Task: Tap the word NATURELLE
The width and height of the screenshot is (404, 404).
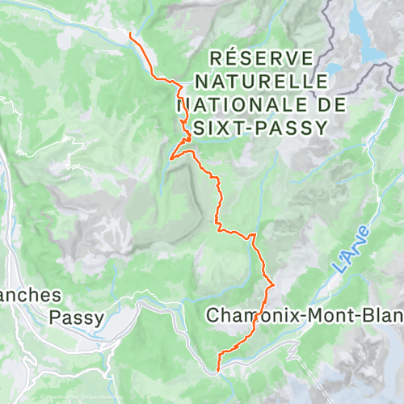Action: pos(260,81)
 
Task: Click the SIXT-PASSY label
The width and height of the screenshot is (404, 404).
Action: pos(260,128)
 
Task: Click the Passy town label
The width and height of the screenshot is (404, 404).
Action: pos(77,318)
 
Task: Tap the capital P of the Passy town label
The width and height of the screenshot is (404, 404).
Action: pos(55,318)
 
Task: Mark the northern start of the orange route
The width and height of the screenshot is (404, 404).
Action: pos(130,33)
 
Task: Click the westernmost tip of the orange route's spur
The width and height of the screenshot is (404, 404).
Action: pos(170,158)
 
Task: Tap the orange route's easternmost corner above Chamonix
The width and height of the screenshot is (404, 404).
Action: pos(274,284)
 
